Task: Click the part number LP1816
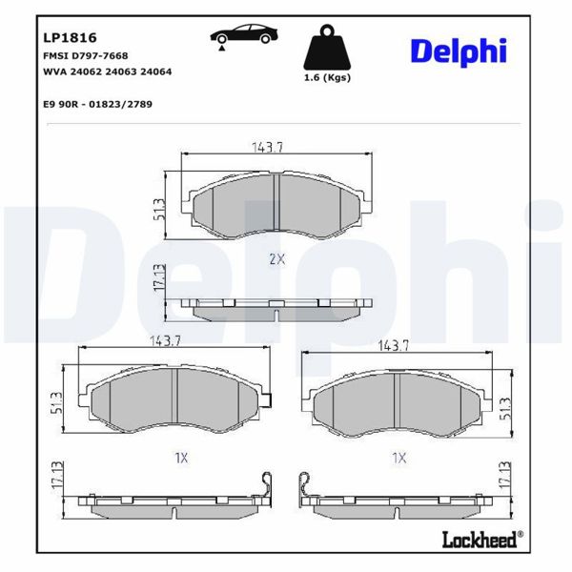pos(70,39)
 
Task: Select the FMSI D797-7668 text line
pos(86,56)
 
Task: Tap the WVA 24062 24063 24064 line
pos(101,71)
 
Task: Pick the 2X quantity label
pos(276,259)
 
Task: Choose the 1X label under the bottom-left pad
pos(181,458)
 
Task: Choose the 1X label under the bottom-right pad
pos(398,458)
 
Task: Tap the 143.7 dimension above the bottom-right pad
pos(394,346)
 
